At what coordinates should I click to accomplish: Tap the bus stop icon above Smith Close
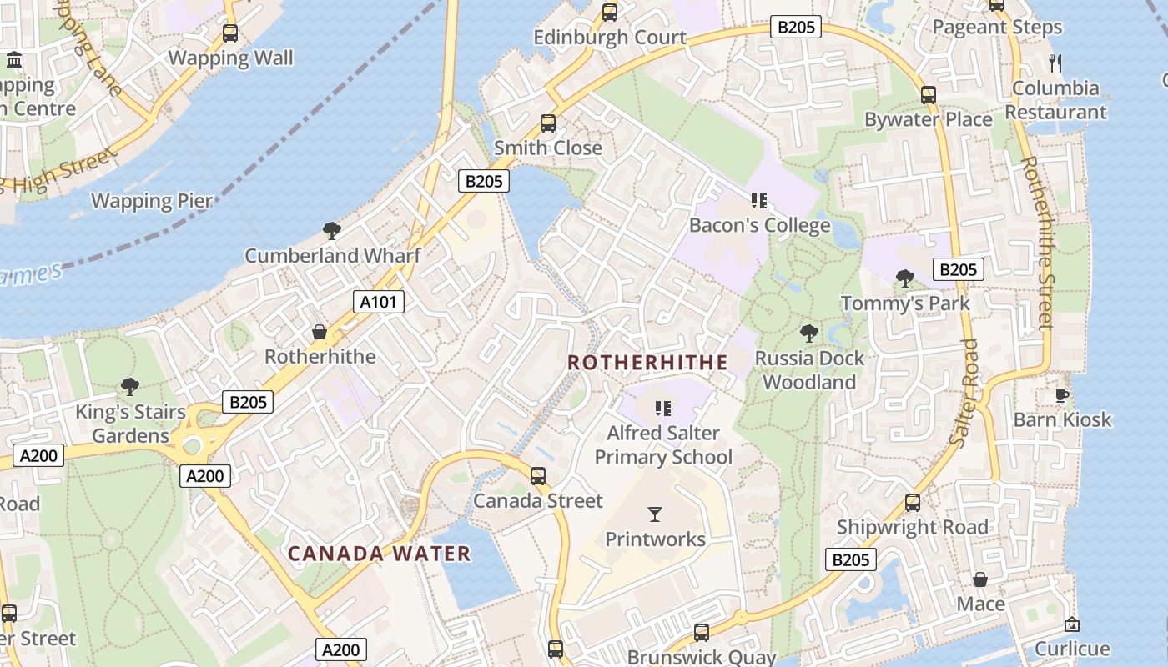(548, 123)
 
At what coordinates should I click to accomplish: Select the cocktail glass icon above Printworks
(655, 514)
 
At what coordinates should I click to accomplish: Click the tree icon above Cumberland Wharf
(332, 230)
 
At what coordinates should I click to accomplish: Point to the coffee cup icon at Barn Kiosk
(1062, 394)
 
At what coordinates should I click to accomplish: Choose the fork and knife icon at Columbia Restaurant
(1055, 63)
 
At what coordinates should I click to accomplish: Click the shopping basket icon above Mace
(980, 579)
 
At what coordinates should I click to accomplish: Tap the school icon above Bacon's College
(758, 200)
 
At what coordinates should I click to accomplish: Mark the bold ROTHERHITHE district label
(647, 363)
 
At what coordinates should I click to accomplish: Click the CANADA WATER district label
(380, 554)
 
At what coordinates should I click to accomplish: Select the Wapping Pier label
(152, 201)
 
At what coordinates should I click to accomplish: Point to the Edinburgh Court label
(610, 38)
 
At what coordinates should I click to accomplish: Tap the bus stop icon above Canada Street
(538, 476)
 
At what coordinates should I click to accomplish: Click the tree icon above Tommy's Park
(904, 278)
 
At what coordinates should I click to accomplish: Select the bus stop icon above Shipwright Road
(913, 503)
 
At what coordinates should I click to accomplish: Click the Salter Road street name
(965, 392)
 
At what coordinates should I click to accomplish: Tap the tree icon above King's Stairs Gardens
(129, 386)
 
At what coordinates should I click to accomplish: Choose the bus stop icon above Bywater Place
(928, 95)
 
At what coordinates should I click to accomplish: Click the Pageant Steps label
(997, 28)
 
